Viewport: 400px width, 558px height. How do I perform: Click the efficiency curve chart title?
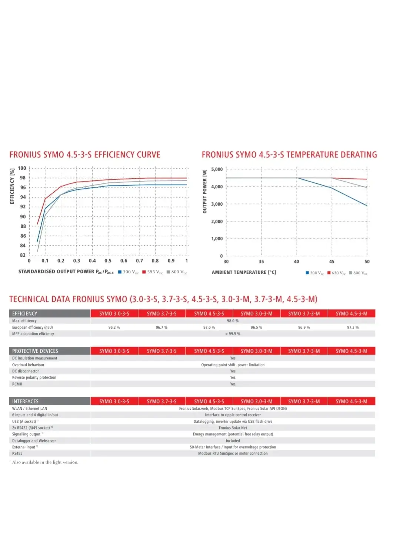[85, 155]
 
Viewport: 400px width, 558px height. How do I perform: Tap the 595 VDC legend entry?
[153, 272]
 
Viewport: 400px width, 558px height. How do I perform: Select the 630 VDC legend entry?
[337, 273]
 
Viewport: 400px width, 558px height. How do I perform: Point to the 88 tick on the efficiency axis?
[23, 226]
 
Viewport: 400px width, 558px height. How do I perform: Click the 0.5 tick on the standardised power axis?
[108, 261]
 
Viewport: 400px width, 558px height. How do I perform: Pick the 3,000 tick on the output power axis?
[217, 204]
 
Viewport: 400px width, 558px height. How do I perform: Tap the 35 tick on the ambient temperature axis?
[261, 262]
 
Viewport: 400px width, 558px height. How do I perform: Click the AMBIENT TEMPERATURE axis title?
[244, 272]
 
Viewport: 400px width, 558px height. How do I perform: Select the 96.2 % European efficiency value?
[114, 328]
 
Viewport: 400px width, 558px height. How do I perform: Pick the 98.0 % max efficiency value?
[233, 321]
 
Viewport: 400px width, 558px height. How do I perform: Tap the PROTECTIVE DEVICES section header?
[35, 351]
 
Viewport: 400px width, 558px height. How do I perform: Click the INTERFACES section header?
[25, 401]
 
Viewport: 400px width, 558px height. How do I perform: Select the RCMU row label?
[17, 384]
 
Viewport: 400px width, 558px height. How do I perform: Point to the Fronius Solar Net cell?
[233, 428]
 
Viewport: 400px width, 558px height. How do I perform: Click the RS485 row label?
[17, 454]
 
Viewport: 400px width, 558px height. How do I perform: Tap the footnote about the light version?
[44, 462]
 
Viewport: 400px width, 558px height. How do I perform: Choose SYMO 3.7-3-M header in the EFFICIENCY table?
[304, 313]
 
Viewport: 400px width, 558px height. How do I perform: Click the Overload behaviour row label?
[28, 365]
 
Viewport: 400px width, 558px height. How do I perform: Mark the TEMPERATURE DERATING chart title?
[289, 155]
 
